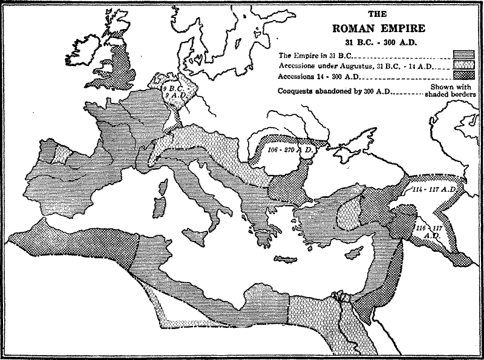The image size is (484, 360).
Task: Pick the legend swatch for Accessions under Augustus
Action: tap(464, 65)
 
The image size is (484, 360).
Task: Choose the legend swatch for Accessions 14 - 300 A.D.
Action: tap(464, 76)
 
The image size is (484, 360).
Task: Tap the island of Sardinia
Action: tap(160, 206)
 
